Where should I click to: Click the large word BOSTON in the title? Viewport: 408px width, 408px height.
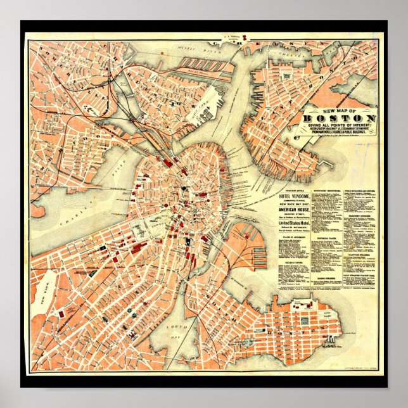[x=338, y=118]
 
